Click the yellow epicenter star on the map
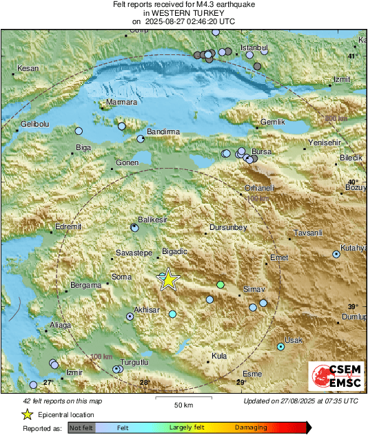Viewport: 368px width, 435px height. pos(167,279)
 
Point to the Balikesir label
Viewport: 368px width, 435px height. pos(153,220)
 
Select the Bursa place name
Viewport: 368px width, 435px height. pos(263,151)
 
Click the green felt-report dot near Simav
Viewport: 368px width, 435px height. pos(221,284)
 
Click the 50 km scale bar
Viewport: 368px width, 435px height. pos(183,398)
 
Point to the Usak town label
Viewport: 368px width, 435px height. pos(294,341)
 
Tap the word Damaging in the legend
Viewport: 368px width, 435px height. pos(251,427)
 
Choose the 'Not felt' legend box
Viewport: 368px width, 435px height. pos(81,427)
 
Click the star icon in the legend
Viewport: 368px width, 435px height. pos(27,414)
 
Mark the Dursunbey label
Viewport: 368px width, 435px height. pos(229,226)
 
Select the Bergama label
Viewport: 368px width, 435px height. pos(86,285)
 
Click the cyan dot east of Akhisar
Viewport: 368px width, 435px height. pos(173,314)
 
